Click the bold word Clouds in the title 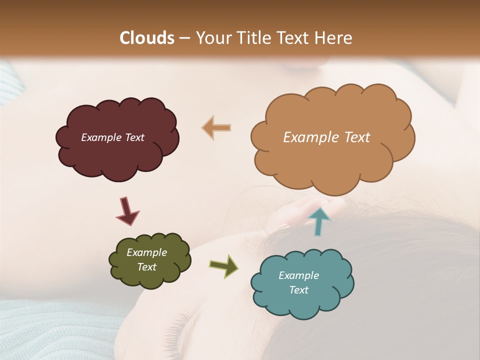click(147, 38)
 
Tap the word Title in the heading click(252, 38)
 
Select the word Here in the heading click(334, 38)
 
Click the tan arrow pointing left click(216, 128)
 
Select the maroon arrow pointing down click(126, 210)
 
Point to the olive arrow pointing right click(224, 265)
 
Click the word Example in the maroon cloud click(101, 137)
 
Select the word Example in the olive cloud click(146, 252)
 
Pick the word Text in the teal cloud click(299, 290)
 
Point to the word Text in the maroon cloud click(134, 137)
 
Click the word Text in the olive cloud click(147, 267)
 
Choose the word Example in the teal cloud click(298, 275)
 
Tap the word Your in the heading click(212, 38)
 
